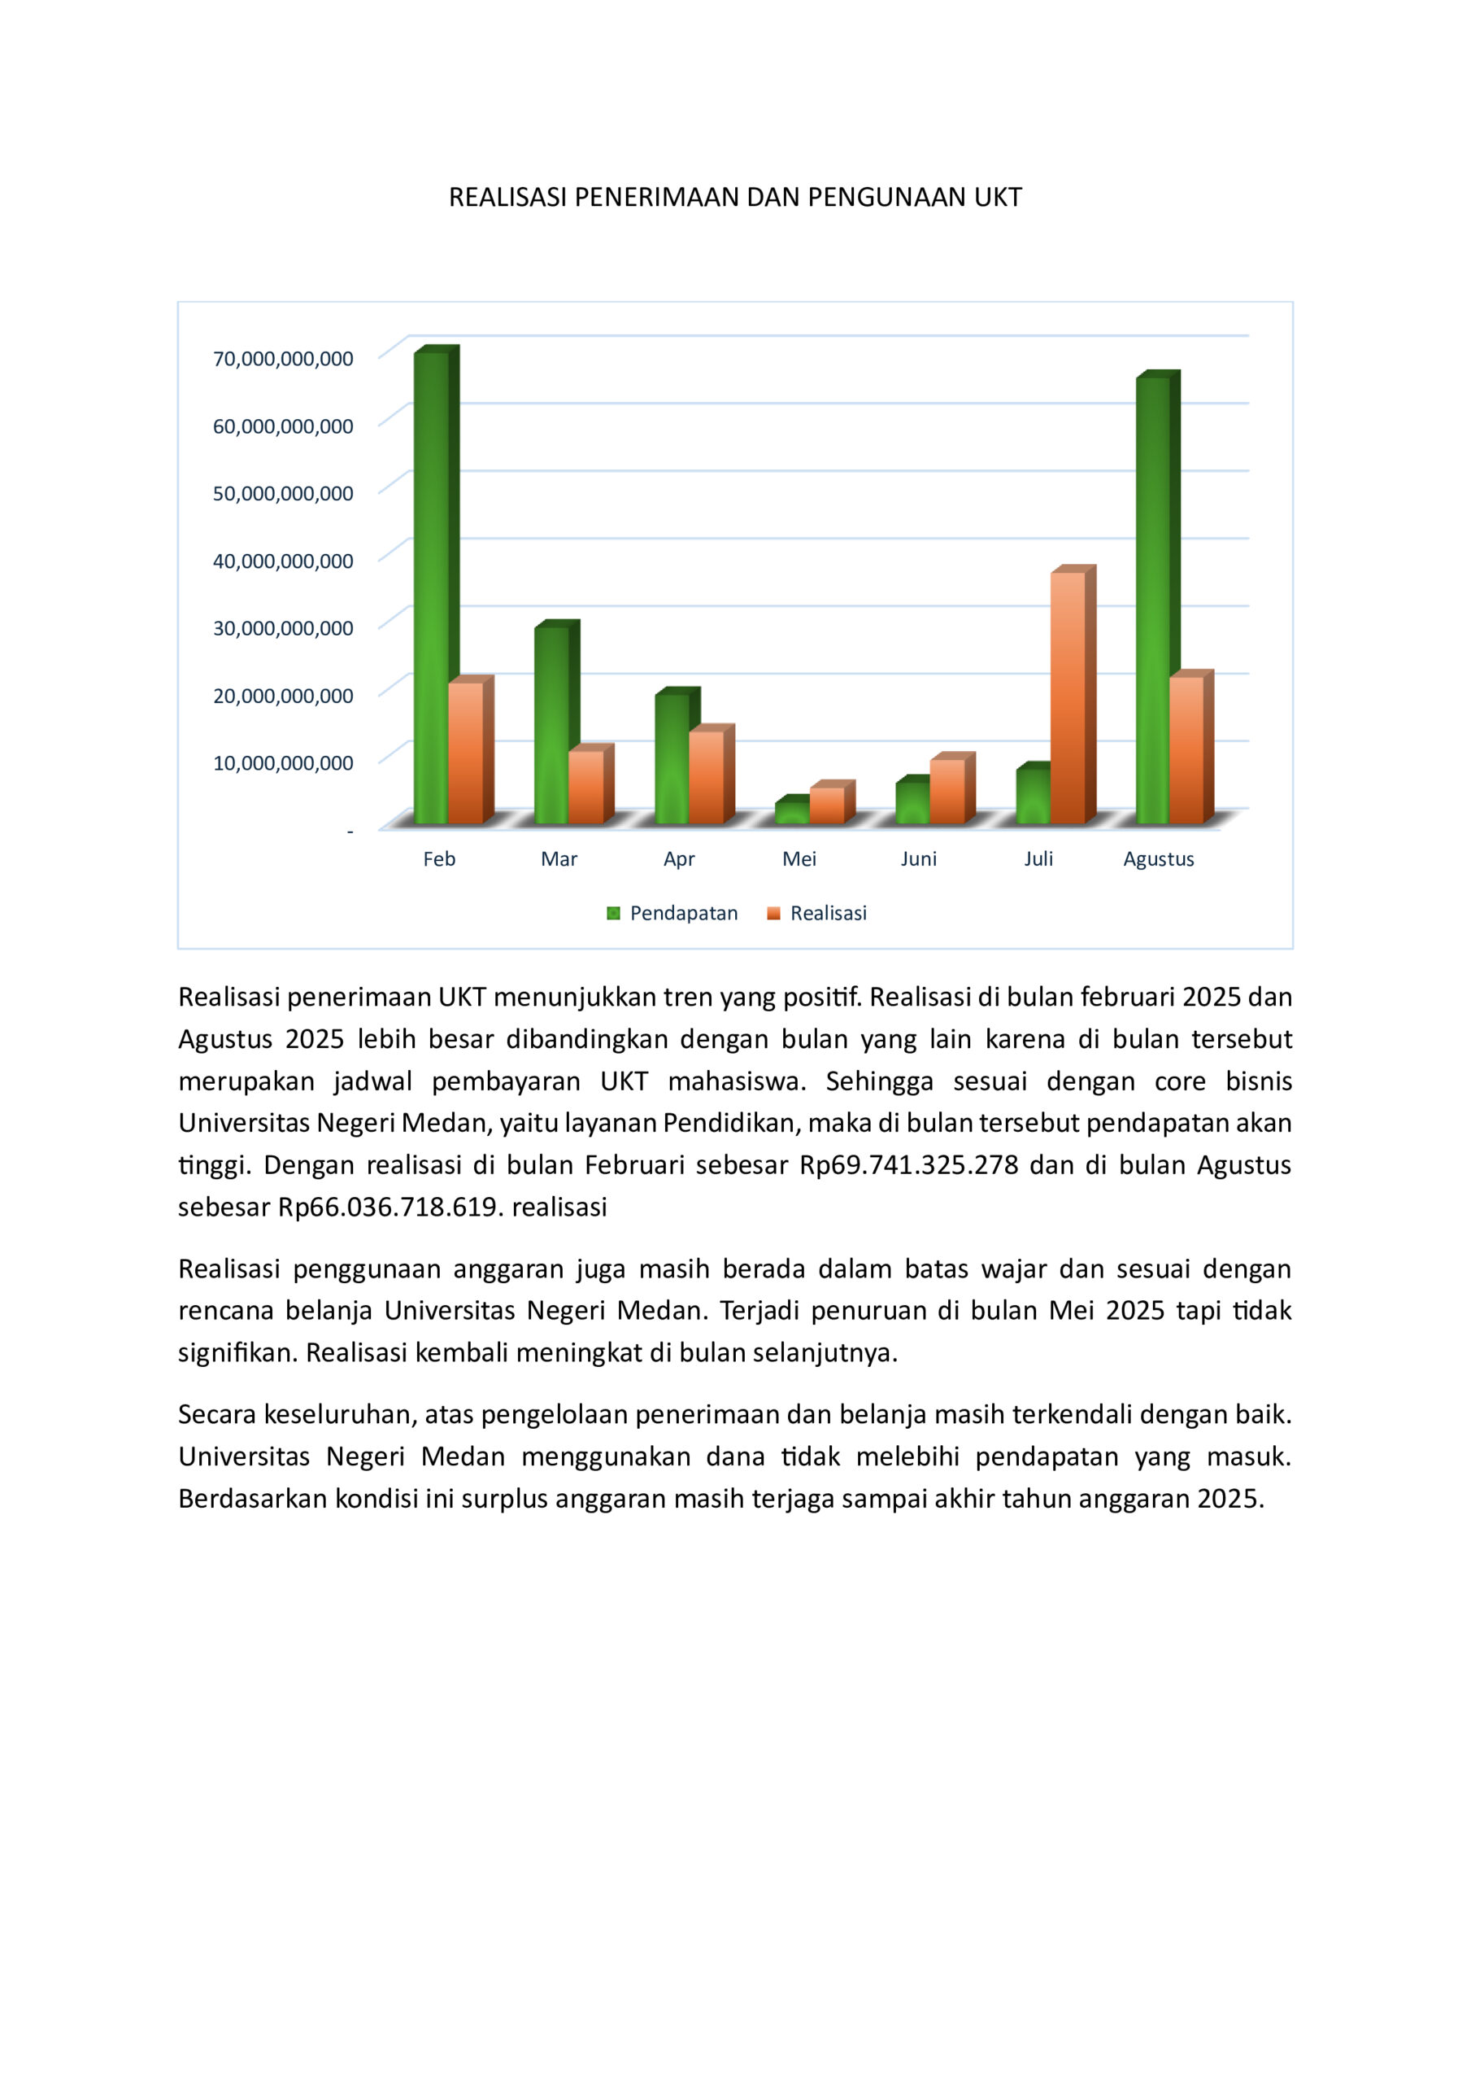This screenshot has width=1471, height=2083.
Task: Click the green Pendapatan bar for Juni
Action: (x=912, y=802)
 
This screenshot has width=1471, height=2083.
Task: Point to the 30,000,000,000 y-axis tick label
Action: (x=283, y=628)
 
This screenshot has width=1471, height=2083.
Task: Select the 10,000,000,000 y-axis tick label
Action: (x=283, y=763)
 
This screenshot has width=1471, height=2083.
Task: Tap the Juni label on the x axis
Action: (x=919, y=859)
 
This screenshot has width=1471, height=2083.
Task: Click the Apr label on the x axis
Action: (x=679, y=859)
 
